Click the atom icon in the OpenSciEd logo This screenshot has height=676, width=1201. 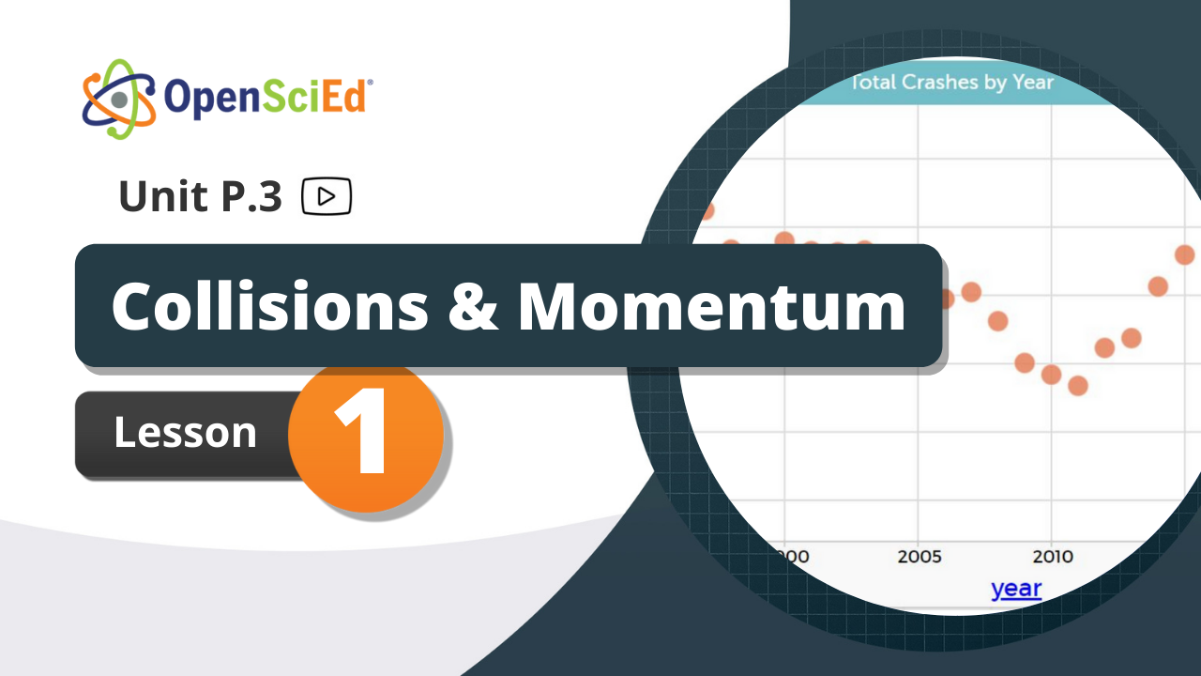click(119, 100)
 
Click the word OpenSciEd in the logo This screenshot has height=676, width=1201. click(265, 98)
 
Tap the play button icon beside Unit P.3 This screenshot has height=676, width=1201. click(327, 196)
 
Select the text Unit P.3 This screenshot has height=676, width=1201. click(201, 196)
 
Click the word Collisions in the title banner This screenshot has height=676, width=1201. click(269, 306)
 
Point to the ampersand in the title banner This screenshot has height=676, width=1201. click(473, 306)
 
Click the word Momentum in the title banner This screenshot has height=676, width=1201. click(711, 306)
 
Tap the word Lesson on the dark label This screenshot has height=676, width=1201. click(186, 433)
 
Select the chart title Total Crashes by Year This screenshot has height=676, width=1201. click(952, 82)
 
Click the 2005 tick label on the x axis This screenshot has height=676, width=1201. click(920, 557)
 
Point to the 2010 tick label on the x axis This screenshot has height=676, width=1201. click(1053, 557)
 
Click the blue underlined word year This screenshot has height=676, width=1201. click(1016, 589)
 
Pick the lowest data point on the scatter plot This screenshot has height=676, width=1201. click(1078, 385)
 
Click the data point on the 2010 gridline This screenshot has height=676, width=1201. click(1052, 374)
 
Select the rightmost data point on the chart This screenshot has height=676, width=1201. click(1184, 254)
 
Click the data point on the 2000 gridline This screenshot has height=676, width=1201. click(784, 238)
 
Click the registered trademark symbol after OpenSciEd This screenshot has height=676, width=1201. click(370, 82)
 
